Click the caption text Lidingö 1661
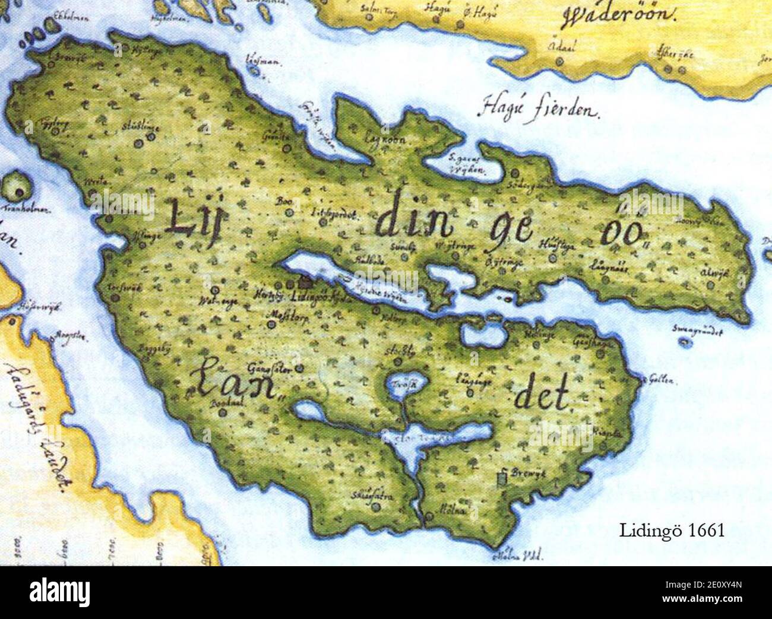672,529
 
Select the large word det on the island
542,394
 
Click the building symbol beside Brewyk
504,475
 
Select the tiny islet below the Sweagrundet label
686,342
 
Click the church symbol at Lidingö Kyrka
306,281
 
